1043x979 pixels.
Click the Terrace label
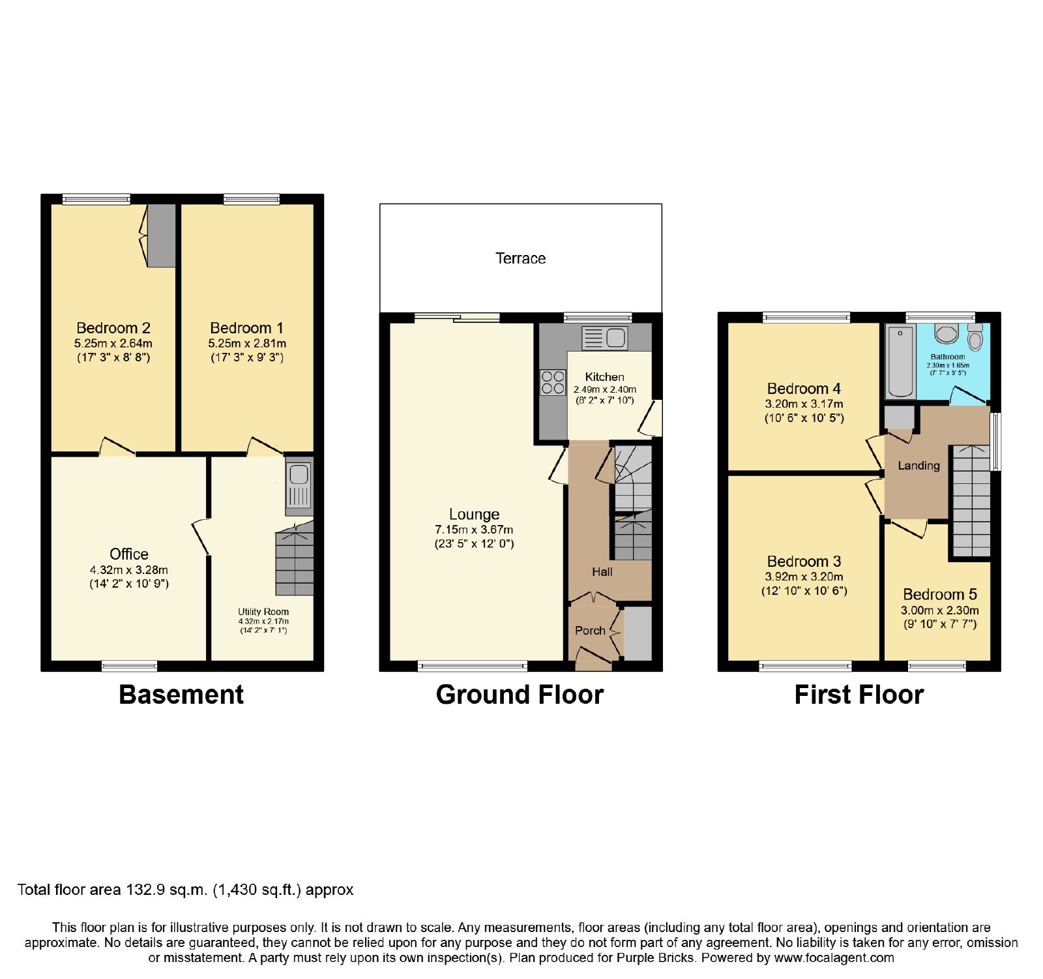[520, 258]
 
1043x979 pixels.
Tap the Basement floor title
[181, 695]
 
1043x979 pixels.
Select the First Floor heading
[859, 695]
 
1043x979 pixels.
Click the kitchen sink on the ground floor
[605, 338]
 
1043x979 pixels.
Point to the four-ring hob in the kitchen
[553, 383]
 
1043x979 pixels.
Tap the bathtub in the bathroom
[900, 361]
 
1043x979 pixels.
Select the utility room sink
[299, 486]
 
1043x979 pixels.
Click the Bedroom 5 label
[940, 594]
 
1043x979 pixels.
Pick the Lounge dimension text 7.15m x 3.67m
[474, 530]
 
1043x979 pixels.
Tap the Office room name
[129, 554]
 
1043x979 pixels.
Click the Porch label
[590, 631]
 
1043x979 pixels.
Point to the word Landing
[918, 466]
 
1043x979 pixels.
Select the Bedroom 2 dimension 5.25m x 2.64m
[113, 343]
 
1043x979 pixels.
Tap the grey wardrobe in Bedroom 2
[162, 235]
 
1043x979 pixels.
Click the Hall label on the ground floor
[602, 572]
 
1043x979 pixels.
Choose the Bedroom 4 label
[804, 389]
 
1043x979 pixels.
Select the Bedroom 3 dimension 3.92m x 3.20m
[804, 577]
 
